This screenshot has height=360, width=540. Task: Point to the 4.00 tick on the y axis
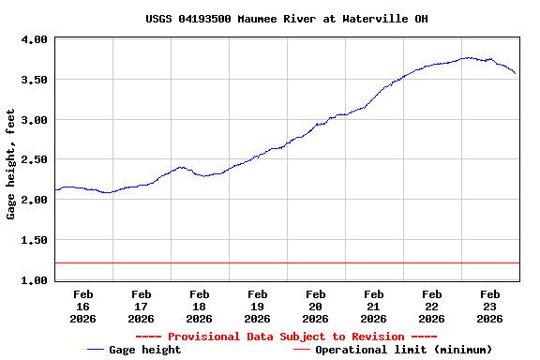tap(35, 40)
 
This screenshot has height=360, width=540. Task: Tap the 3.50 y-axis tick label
tap(35, 81)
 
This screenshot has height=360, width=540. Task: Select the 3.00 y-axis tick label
tap(35, 120)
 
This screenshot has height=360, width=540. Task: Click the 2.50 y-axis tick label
tap(35, 160)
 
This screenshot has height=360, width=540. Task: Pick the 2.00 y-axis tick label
tap(35, 201)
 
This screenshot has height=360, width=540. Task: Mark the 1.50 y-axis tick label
tap(35, 240)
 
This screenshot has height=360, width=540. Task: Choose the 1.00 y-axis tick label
tap(35, 280)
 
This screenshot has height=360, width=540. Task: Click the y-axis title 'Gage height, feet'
tap(11, 165)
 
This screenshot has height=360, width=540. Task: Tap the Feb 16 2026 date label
tap(83, 307)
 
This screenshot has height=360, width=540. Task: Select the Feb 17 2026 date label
tap(142, 307)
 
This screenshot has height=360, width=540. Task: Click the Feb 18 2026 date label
tap(200, 307)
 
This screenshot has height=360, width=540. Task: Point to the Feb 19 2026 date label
tap(258, 307)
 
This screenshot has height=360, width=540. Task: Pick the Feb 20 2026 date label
tap(316, 307)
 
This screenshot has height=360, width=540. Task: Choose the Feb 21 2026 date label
tap(374, 307)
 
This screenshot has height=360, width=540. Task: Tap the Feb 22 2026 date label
tap(432, 307)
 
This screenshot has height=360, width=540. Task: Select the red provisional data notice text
tap(287, 337)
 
